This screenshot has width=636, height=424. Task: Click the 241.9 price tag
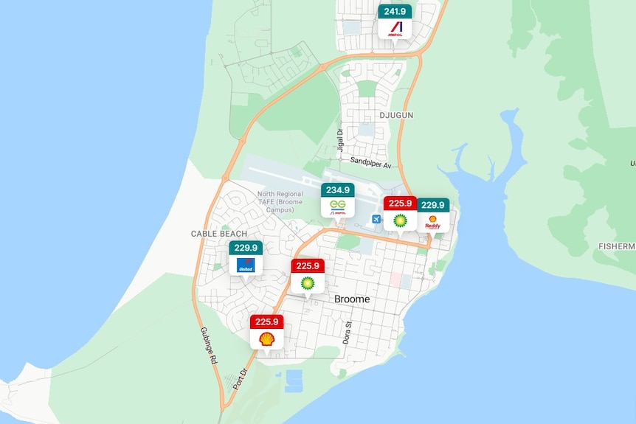[x=395, y=11]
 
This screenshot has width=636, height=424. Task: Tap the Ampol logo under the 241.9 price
[x=395, y=29]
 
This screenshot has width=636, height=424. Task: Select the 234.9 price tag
[x=338, y=190]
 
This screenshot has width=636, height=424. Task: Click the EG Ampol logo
[x=338, y=207]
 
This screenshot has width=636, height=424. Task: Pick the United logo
[x=246, y=265]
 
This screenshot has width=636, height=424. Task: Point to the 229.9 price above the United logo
[x=246, y=248]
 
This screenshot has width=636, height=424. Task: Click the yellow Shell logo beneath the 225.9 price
[x=266, y=339]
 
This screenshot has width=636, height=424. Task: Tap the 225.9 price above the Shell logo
[x=266, y=322]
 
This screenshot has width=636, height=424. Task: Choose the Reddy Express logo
[x=433, y=222]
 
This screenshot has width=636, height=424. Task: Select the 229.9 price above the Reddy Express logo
[x=433, y=205]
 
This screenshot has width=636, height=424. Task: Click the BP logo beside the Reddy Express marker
[x=400, y=220]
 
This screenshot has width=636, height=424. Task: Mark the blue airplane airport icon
[x=376, y=219]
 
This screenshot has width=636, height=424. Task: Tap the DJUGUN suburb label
[x=395, y=115]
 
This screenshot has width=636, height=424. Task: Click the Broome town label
[x=352, y=299]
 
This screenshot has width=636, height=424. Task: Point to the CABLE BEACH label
[x=219, y=234]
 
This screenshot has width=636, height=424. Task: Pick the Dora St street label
[x=347, y=333]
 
